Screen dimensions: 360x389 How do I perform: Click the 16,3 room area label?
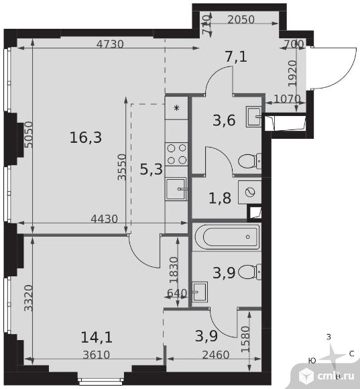click(x=86, y=137)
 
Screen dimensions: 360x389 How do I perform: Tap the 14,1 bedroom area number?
click(x=97, y=337)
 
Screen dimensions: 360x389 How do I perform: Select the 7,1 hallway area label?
click(x=236, y=56)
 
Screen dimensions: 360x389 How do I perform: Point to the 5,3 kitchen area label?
click(x=152, y=170)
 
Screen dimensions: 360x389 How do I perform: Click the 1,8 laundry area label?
click(x=220, y=199)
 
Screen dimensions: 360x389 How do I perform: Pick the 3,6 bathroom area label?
click(x=224, y=120)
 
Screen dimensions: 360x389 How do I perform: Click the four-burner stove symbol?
click(x=176, y=154)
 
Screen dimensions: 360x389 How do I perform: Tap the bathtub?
click(x=227, y=237)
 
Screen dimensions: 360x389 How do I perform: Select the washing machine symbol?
click(x=249, y=192)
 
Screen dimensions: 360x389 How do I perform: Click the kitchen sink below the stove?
click(x=176, y=188)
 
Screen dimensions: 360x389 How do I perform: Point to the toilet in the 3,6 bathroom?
click(x=249, y=161)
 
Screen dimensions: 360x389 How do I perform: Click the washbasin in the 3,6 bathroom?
click(x=253, y=117)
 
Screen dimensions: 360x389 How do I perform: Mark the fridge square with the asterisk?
click(x=176, y=108)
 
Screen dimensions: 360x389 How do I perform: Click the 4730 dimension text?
click(x=110, y=44)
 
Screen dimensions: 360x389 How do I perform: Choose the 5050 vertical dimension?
click(x=29, y=135)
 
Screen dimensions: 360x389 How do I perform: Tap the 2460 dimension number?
click(x=216, y=355)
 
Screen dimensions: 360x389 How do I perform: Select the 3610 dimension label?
click(x=96, y=355)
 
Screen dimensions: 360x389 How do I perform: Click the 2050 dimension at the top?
click(x=241, y=19)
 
